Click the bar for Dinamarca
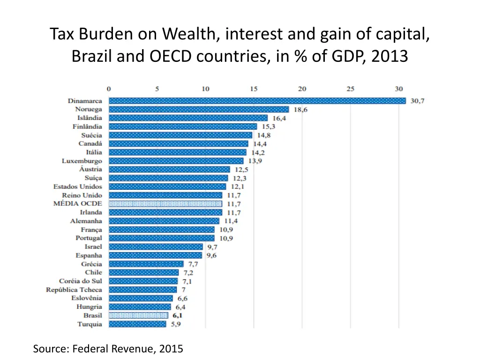click(x=257, y=101)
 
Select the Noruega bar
click(x=199, y=109)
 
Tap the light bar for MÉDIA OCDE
click(x=165, y=204)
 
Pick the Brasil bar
click(x=138, y=315)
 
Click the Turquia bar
click(x=137, y=324)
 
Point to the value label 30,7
click(x=417, y=101)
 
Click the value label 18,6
click(x=301, y=109)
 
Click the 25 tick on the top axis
click(x=350, y=89)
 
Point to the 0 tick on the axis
click(x=109, y=89)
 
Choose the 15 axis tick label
click(x=254, y=89)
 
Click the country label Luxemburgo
click(x=82, y=161)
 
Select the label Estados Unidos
click(x=78, y=187)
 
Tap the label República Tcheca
click(x=74, y=290)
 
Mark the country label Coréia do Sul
click(x=81, y=281)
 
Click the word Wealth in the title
click(x=189, y=34)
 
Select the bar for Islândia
click(x=188, y=118)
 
